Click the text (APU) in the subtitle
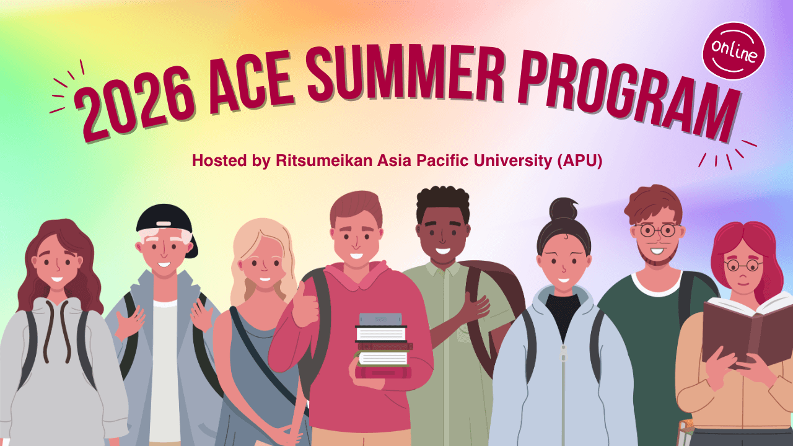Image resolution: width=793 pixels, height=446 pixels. click(x=580, y=161)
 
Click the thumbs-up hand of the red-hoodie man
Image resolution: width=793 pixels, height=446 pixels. click(x=305, y=306)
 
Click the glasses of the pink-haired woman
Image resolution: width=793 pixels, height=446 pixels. click(x=743, y=266)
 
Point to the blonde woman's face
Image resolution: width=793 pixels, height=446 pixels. click(x=263, y=266)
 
